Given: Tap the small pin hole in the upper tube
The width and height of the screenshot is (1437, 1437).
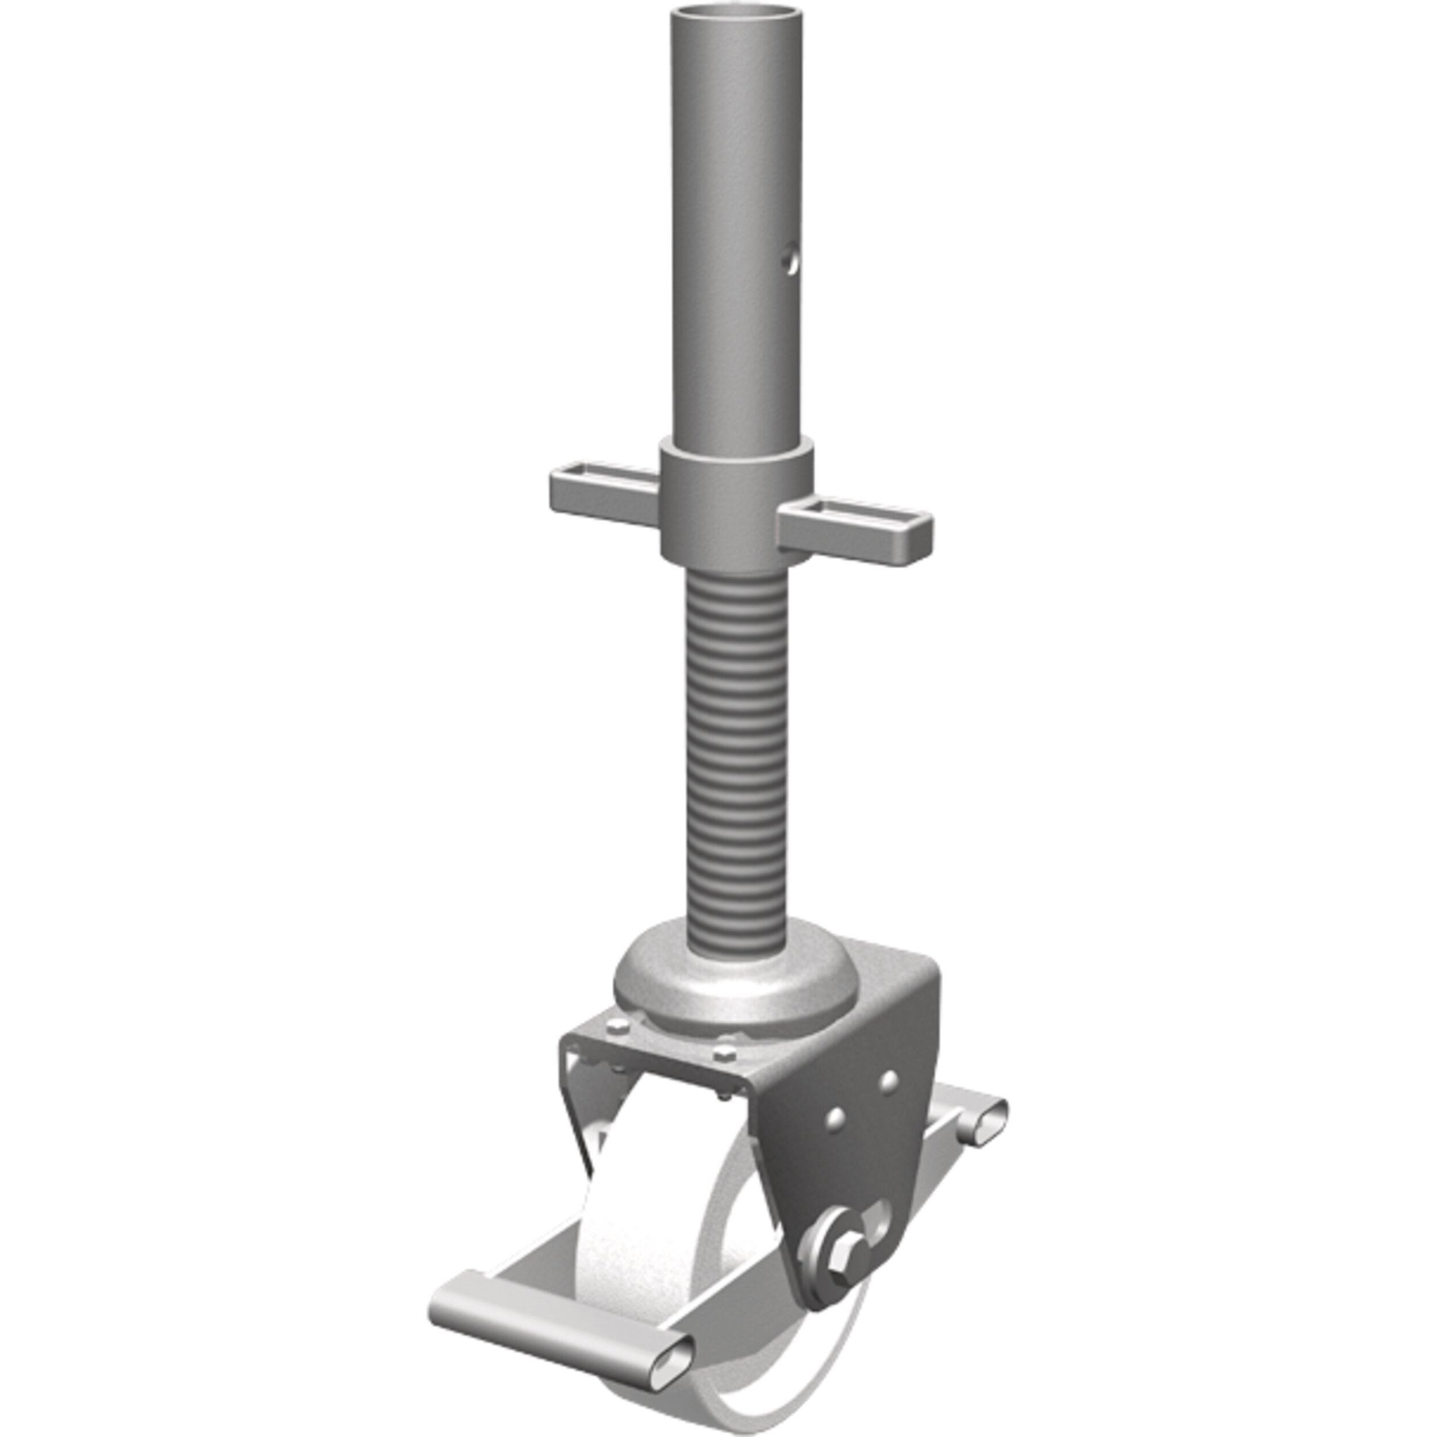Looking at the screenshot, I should point(791,260).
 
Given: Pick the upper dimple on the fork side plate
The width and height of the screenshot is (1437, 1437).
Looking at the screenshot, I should point(887,1081).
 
